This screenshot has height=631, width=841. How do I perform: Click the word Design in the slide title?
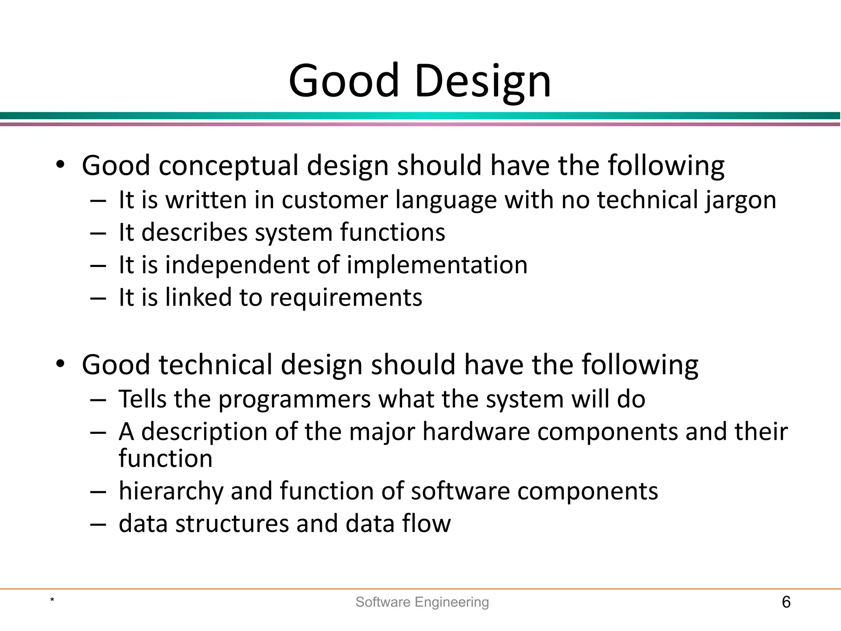[483, 81]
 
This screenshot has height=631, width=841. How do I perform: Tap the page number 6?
[786, 602]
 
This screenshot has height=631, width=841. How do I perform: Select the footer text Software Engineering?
[422, 602]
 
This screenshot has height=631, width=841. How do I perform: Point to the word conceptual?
[228, 166]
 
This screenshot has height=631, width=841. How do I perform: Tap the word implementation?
[437, 265]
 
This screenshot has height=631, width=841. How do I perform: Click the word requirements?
[346, 297]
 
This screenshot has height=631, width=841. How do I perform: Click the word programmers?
[294, 399]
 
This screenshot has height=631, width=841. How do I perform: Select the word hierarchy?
[170, 491]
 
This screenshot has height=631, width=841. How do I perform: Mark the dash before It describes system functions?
[98, 233]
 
